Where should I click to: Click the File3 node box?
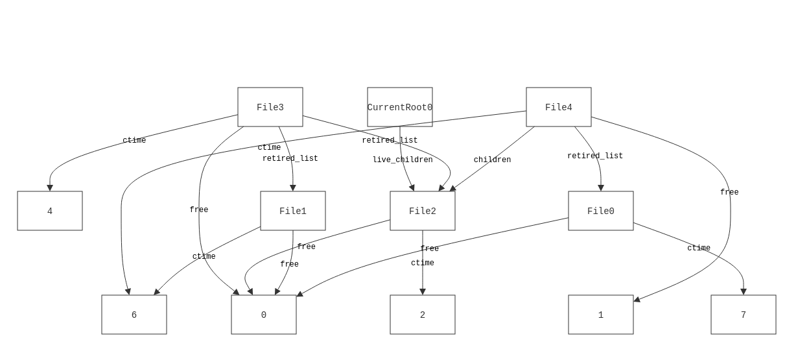tap(270, 107)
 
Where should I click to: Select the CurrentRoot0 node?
tap(400, 107)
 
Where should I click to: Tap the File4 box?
tap(559, 107)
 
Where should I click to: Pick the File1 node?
tap(293, 211)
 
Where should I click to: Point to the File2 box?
tap(423, 211)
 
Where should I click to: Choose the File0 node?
tap(601, 211)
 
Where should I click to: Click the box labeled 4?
tap(50, 211)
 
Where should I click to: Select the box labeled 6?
tap(134, 315)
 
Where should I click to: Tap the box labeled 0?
tap(264, 315)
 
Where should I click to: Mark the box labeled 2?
tap(423, 315)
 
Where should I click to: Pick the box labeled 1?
tap(601, 315)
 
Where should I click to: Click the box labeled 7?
tap(744, 315)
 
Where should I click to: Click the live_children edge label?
tap(403, 160)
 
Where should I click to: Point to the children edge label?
tap(492, 160)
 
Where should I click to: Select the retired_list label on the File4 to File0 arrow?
tap(595, 156)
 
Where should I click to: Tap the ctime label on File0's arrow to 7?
tap(699, 248)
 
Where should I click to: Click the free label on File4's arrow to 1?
tap(729, 193)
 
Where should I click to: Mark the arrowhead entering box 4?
tap(50, 188)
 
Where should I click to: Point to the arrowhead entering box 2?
tap(423, 292)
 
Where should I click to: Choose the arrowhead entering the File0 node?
tap(601, 188)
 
